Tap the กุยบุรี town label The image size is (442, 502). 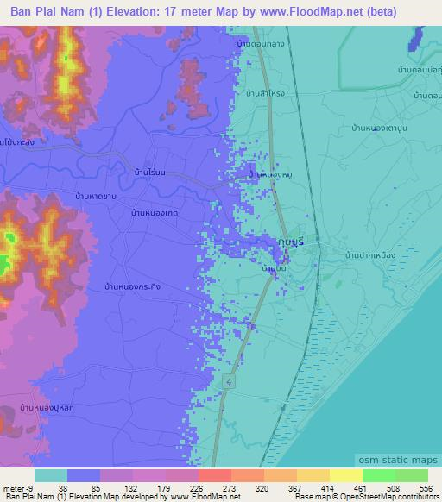294,242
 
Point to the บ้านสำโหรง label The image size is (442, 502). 270,92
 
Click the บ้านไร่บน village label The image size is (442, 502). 144,173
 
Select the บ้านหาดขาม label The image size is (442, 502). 95,197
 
